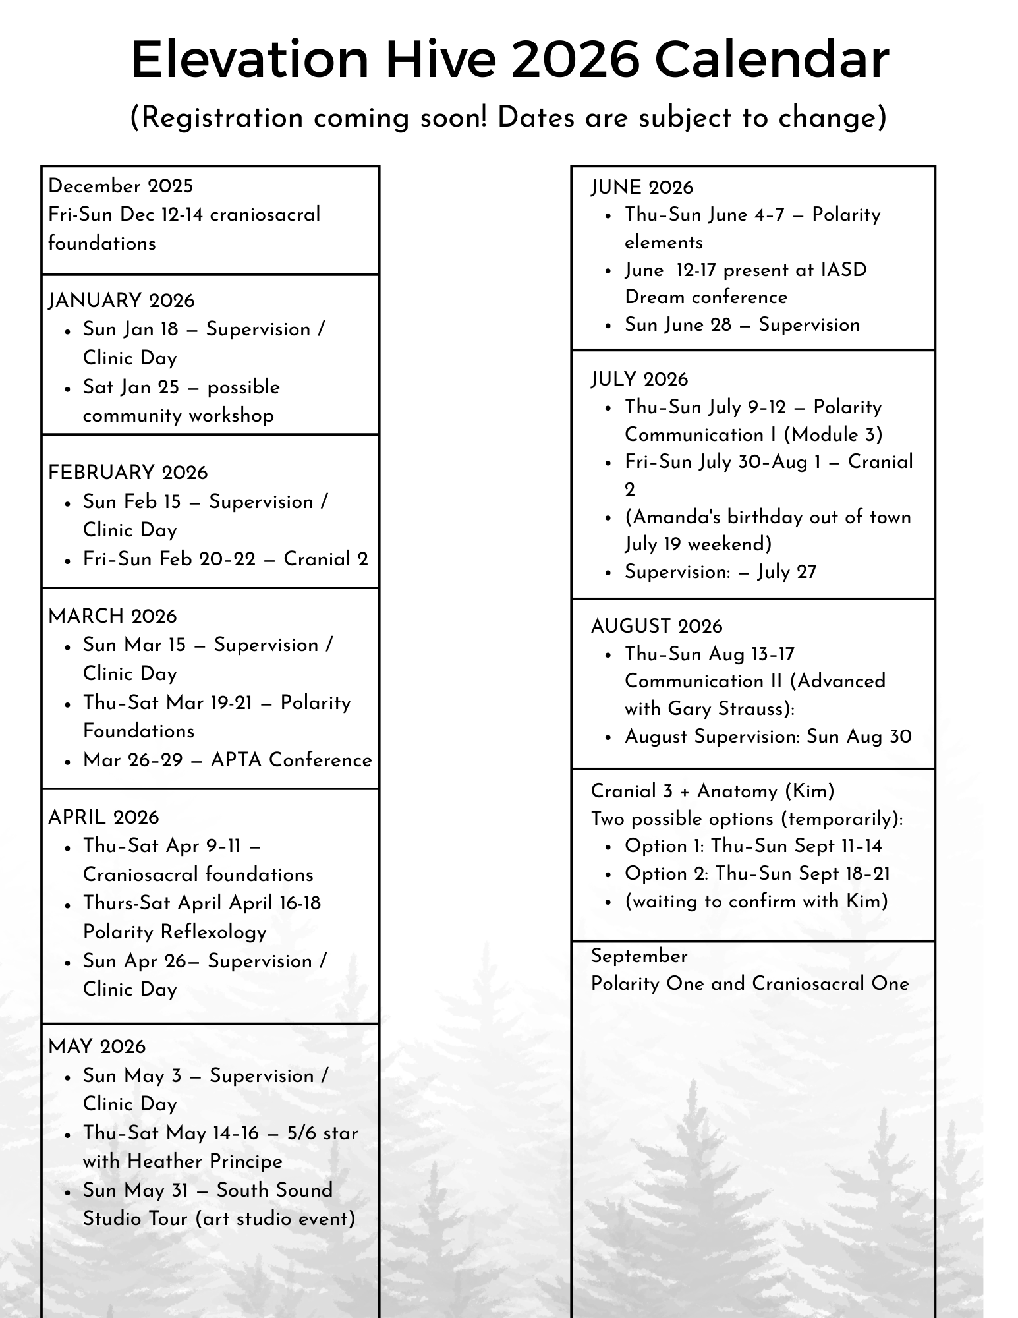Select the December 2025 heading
(121, 186)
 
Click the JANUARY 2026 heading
(122, 301)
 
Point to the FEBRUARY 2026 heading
(128, 473)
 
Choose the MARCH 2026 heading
(113, 616)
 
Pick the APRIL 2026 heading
(103, 817)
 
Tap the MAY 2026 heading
(97, 1046)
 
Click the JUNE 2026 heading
(642, 187)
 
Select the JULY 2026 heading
(639, 379)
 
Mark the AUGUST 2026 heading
(656, 626)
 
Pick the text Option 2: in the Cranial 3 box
(666, 873)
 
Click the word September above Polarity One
(639, 956)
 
